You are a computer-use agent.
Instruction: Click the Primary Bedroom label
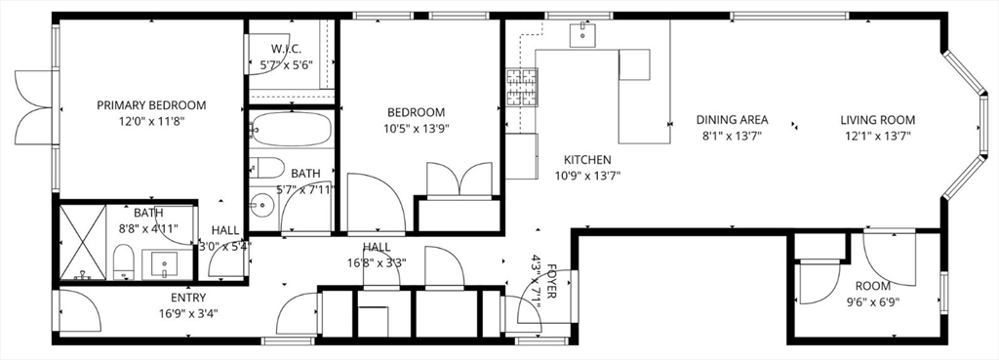click(x=151, y=105)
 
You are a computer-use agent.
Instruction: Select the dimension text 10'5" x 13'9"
click(x=416, y=128)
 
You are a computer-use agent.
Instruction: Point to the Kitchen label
click(x=587, y=160)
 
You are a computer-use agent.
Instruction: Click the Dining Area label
click(x=729, y=120)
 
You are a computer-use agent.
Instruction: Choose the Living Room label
click(x=878, y=120)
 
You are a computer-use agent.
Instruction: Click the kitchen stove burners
click(x=522, y=88)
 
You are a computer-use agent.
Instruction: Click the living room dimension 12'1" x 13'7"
click(x=878, y=137)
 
